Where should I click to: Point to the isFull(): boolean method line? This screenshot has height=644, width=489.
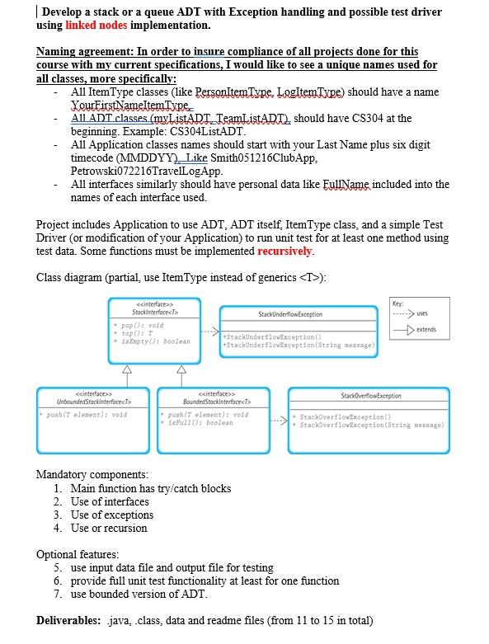point(200,422)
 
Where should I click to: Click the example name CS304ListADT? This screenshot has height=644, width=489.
point(205,131)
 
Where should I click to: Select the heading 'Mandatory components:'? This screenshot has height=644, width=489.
point(92,474)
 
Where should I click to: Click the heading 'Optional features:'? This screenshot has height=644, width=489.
point(78,554)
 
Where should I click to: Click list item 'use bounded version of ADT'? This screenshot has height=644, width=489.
point(135,594)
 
